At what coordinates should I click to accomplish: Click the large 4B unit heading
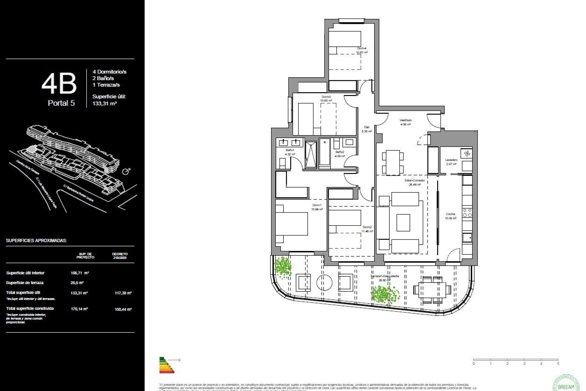point(59,84)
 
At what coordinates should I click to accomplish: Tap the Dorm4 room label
point(362,48)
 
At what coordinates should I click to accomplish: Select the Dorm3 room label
point(326,97)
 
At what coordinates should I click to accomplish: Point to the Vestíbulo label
point(406,120)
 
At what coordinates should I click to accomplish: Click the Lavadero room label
point(451,160)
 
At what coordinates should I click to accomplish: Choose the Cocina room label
point(450,214)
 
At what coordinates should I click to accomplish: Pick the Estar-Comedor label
point(414,180)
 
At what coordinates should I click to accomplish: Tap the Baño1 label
point(290,150)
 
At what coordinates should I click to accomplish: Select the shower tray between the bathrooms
point(311,155)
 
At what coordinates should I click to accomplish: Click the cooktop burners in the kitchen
point(467,213)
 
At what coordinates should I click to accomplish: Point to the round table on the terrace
point(324,282)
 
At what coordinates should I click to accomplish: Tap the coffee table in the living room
point(403,223)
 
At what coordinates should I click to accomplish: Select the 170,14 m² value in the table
point(79,309)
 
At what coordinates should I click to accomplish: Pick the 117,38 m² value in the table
point(123,293)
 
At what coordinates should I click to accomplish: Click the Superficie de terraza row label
point(25,283)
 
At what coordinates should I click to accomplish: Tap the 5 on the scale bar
point(558,364)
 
